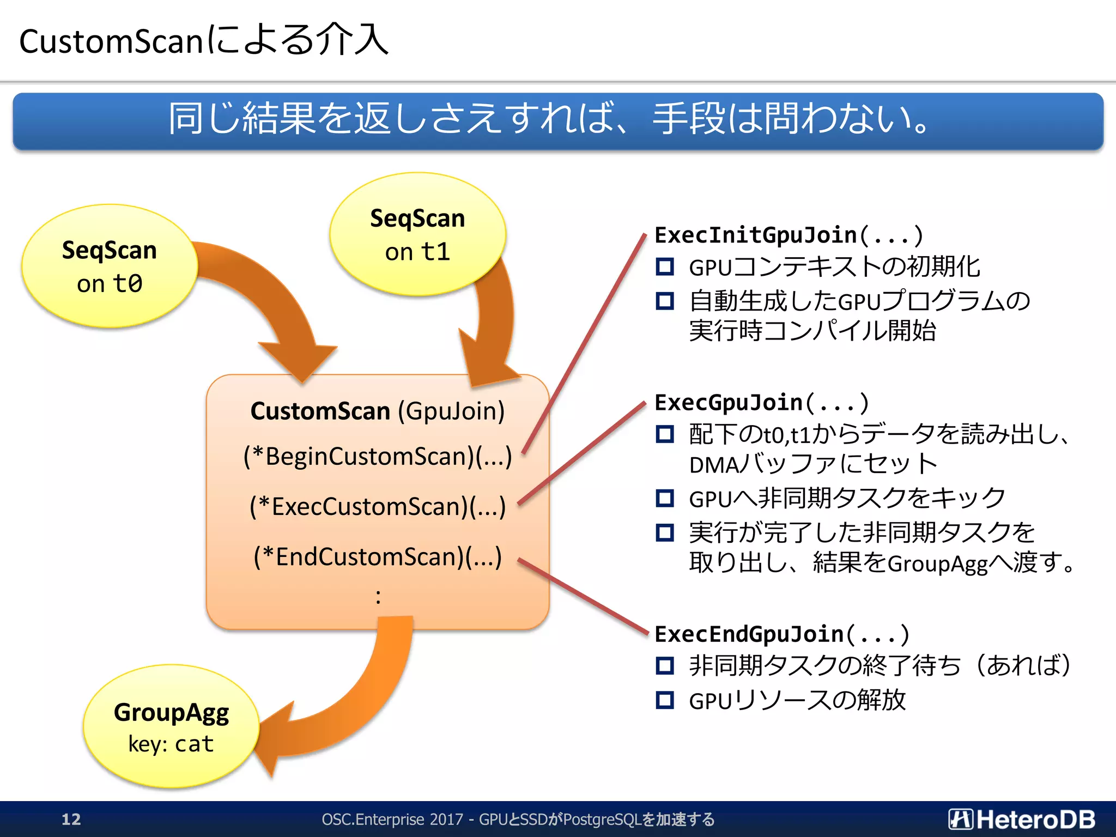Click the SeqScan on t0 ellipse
tap(109, 266)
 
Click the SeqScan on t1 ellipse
tap(417, 234)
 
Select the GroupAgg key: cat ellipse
tap(171, 727)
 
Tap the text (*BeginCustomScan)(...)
tap(378, 457)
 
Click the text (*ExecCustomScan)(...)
tap(378, 507)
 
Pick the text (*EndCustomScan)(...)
tap(378, 557)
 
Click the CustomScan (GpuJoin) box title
tap(378, 411)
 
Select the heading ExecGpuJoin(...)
tap(761, 403)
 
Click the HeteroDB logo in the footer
tap(1022, 819)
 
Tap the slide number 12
tap(71, 819)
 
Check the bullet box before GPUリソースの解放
tap(665, 700)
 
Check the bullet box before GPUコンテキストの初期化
tap(665, 267)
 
